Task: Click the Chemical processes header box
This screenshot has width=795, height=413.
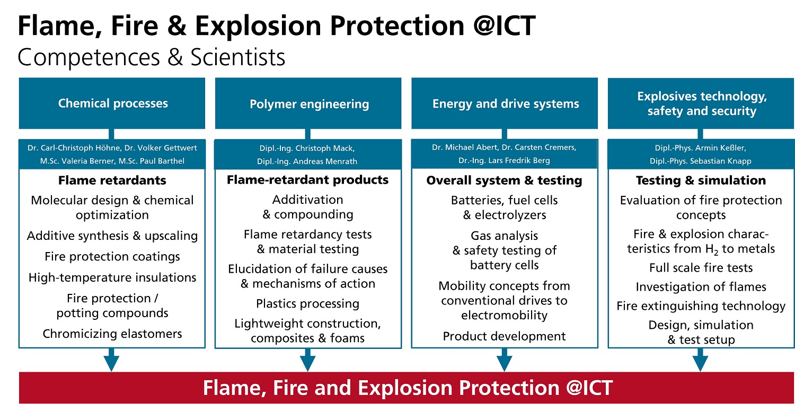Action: coord(112,103)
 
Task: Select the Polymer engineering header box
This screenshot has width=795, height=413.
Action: coord(308,103)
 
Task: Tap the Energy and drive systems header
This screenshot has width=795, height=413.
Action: coord(505,103)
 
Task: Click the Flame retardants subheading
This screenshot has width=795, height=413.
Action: coord(112,180)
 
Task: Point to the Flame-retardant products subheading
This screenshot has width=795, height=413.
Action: coord(308,179)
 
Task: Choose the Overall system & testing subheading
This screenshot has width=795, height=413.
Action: coord(505,180)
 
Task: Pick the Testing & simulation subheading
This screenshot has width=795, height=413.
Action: coord(701,180)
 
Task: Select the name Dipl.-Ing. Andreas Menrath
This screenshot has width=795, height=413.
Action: coord(307,161)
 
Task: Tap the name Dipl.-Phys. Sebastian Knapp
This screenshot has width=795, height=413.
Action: coord(701,161)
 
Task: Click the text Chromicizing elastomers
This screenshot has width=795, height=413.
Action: coord(112,334)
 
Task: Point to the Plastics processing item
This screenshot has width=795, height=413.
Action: coord(308,304)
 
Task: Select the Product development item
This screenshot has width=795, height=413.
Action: coord(505,336)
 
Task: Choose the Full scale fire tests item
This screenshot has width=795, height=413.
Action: coord(701,267)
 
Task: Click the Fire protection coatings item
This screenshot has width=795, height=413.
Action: coord(112,256)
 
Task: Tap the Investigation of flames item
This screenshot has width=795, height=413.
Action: coord(701,287)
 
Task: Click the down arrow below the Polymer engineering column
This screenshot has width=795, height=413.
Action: coord(308,360)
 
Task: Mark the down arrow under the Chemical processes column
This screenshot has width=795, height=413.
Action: coord(111,360)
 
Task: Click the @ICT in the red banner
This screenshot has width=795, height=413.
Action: coord(589,388)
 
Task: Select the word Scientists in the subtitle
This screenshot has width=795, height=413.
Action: coord(238,57)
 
